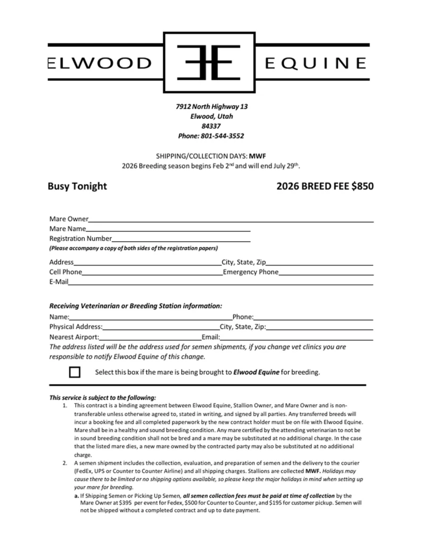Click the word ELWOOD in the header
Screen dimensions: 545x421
click(x=100, y=64)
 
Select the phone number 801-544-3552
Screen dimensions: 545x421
click(x=222, y=136)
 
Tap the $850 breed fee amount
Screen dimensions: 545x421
click(x=361, y=186)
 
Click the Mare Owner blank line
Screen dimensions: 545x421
click(x=231, y=219)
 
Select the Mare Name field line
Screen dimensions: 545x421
click(x=168, y=229)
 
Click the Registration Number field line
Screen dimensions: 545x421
click(x=181, y=239)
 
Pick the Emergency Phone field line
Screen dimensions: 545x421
click(x=326, y=272)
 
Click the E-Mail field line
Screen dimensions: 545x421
click(x=220, y=283)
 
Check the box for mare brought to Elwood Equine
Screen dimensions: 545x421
click(x=75, y=372)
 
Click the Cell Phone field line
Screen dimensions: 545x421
click(x=152, y=272)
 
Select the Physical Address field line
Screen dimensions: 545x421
click(x=161, y=327)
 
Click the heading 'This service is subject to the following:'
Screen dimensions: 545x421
click(x=103, y=397)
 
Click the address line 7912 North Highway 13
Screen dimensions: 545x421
click(x=211, y=106)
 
